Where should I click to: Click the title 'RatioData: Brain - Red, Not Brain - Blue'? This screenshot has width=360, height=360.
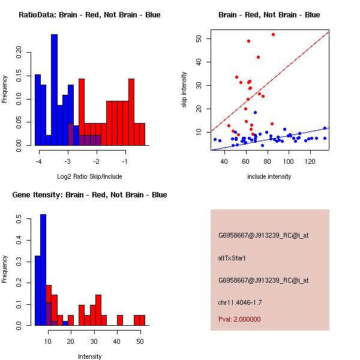(x=89, y=15)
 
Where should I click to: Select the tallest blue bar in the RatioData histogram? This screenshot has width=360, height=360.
(x=54, y=90)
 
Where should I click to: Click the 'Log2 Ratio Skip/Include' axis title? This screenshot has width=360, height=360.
(x=89, y=176)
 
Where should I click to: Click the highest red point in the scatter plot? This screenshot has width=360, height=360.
(x=273, y=34)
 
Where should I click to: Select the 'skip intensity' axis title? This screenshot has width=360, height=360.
(x=184, y=90)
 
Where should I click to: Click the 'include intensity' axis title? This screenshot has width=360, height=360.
(x=269, y=176)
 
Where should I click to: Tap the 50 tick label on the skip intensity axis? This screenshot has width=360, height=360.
(x=197, y=38)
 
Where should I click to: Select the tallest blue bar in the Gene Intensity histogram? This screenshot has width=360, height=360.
(x=43, y=270)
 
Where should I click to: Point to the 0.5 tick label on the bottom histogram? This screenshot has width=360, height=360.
(x=17, y=221)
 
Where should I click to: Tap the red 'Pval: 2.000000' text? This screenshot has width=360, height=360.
(x=239, y=319)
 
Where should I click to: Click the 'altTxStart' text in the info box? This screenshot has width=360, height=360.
(x=233, y=258)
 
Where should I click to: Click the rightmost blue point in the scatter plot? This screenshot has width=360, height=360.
(x=325, y=128)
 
